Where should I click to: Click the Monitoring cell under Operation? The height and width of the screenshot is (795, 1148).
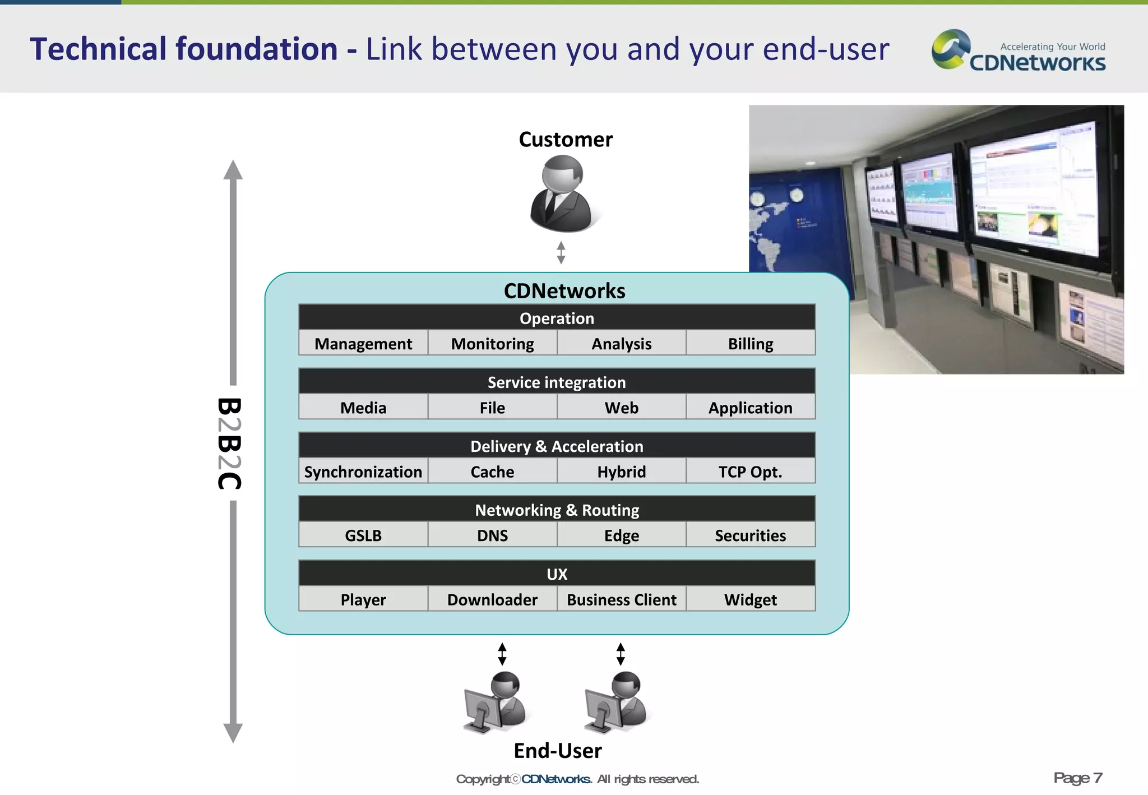click(492, 343)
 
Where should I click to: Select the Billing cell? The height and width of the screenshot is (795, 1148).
click(750, 343)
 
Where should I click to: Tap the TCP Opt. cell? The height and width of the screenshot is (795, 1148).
click(750, 472)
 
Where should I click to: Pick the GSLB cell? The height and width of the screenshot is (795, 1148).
click(363, 535)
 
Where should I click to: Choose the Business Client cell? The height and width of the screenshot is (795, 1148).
click(621, 599)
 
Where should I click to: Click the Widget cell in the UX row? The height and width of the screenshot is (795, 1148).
click(750, 599)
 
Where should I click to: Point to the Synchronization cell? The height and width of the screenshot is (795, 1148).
click(363, 472)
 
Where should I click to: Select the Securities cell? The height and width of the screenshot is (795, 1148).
click(750, 535)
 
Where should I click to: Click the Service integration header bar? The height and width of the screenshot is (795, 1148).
click(557, 382)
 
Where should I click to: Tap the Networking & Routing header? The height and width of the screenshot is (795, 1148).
click(557, 510)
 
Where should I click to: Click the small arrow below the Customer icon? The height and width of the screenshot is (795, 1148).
click(561, 252)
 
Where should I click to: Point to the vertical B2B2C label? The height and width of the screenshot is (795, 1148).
click(229, 443)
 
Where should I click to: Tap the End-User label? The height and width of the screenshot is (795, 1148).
click(558, 751)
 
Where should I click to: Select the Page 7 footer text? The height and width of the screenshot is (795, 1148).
click(1077, 778)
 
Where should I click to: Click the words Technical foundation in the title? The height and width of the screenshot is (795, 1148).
click(184, 49)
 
